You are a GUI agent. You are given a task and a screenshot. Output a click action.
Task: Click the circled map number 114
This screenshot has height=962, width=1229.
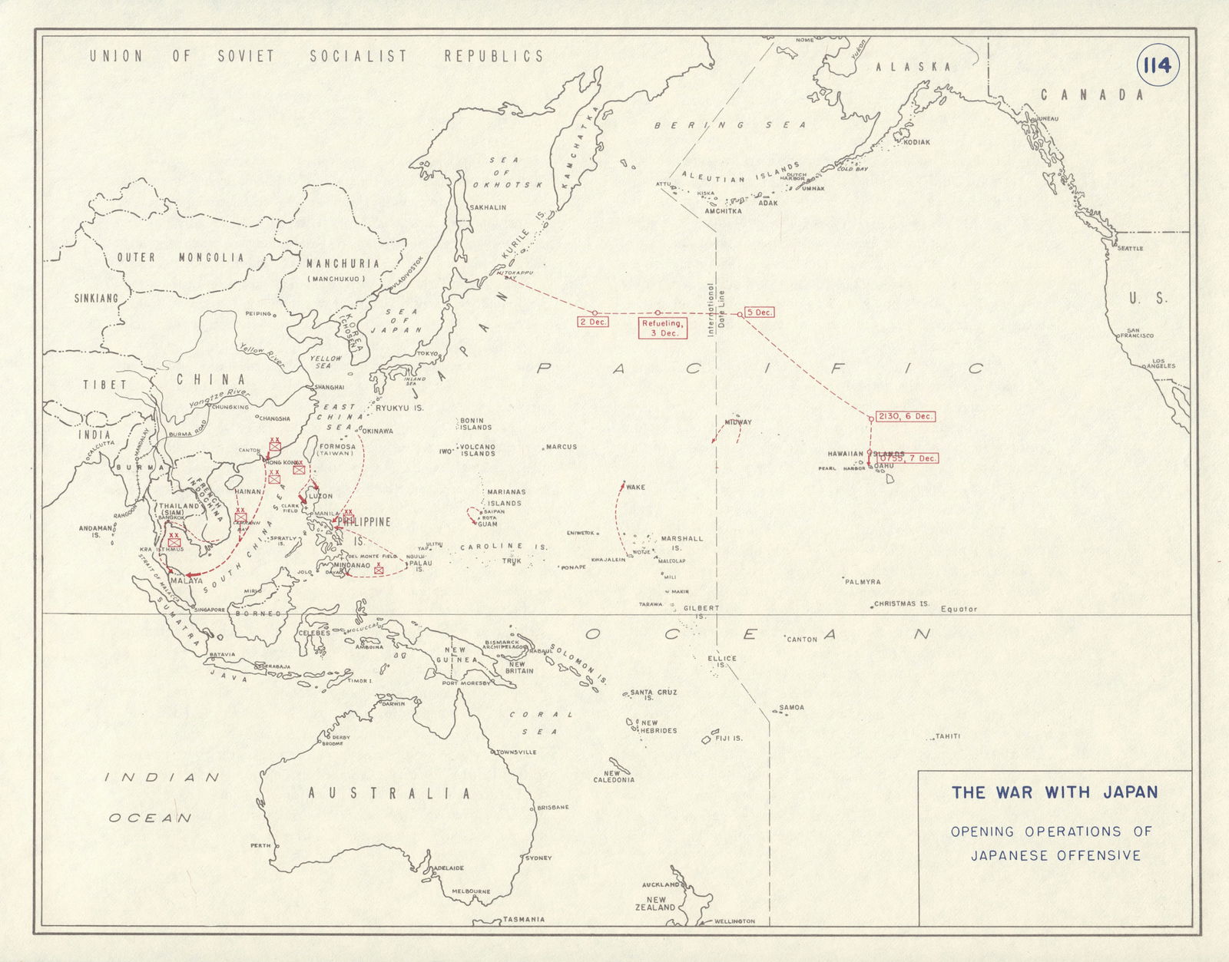tap(1156, 66)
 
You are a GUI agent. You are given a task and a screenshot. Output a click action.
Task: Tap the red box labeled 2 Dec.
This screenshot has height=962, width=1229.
tap(594, 322)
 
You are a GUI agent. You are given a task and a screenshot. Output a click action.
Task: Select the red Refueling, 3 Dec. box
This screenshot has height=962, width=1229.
tap(661, 329)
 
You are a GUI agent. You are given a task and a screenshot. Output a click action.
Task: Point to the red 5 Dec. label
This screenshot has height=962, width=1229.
tap(759, 313)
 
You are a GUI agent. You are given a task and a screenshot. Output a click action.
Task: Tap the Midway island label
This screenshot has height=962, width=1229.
tap(737, 423)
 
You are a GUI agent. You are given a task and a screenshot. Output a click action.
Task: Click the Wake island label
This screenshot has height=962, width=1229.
tap(635, 488)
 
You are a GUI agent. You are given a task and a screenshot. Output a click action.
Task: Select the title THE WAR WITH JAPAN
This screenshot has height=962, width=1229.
tap(1054, 793)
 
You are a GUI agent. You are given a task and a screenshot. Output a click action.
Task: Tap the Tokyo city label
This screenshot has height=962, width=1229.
tap(427, 354)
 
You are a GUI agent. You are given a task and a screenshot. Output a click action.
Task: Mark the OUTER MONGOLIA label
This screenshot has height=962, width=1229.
tap(178, 258)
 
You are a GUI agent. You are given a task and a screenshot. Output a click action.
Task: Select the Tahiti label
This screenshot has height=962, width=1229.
tap(948, 737)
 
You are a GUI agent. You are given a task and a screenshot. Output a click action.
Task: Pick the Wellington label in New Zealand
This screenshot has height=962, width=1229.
tap(734, 921)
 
